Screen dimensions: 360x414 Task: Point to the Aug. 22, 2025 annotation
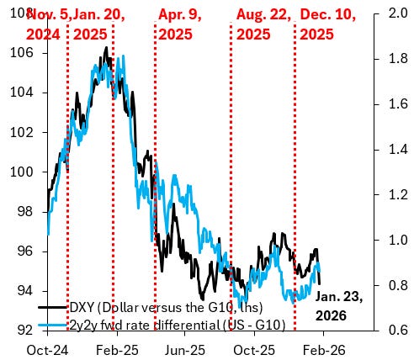click(x=263, y=24)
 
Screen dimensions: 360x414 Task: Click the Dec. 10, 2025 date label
click(x=329, y=24)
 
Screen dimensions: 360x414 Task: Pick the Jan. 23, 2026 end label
click(x=339, y=304)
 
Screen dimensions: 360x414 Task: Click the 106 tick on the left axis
click(x=27, y=52)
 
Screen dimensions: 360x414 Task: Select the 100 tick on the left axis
click(x=27, y=172)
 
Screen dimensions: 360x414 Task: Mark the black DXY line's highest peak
click(x=106, y=48)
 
